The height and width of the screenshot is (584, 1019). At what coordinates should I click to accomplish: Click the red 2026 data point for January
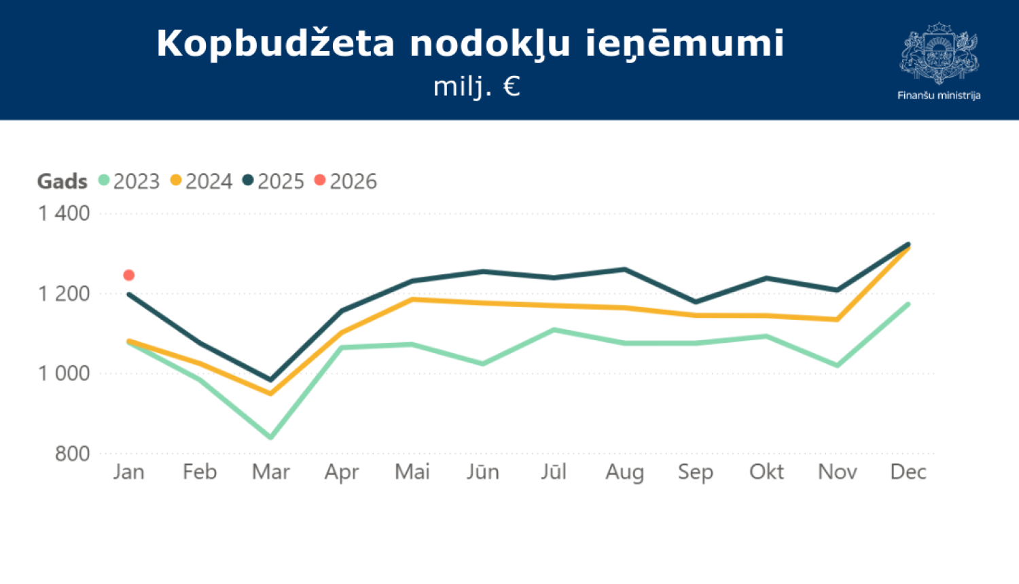(x=129, y=275)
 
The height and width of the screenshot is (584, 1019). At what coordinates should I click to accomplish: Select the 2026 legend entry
(x=346, y=181)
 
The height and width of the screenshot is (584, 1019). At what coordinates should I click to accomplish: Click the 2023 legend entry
(x=129, y=181)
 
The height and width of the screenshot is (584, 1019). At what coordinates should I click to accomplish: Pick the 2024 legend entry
(x=202, y=181)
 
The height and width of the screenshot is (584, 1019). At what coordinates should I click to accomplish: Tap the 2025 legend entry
(x=274, y=181)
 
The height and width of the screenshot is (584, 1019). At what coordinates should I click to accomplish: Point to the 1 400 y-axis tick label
(x=64, y=213)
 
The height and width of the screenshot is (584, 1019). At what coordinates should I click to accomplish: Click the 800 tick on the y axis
(x=72, y=454)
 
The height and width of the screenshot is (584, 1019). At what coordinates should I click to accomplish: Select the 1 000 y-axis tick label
(x=64, y=373)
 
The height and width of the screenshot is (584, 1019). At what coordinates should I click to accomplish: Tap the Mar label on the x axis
(x=270, y=472)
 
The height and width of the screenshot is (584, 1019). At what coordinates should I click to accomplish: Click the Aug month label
(x=624, y=472)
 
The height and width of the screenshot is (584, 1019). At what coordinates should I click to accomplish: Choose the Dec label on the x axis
(x=908, y=472)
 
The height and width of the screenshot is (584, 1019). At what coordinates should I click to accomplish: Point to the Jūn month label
(x=482, y=472)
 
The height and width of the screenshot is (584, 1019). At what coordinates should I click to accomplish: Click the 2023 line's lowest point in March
(x=270, y=437)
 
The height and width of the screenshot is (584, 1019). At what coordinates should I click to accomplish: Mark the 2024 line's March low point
(x=270, y=393)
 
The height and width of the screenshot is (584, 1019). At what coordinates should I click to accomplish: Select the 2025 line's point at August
(x=624, y=270)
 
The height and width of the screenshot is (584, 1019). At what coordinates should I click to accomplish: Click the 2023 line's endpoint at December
(x=908, y=304)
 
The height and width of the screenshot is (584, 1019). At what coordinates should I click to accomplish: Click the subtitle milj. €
(x=477, y=86)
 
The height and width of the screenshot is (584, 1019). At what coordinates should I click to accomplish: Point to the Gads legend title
(x=62, y=181)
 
